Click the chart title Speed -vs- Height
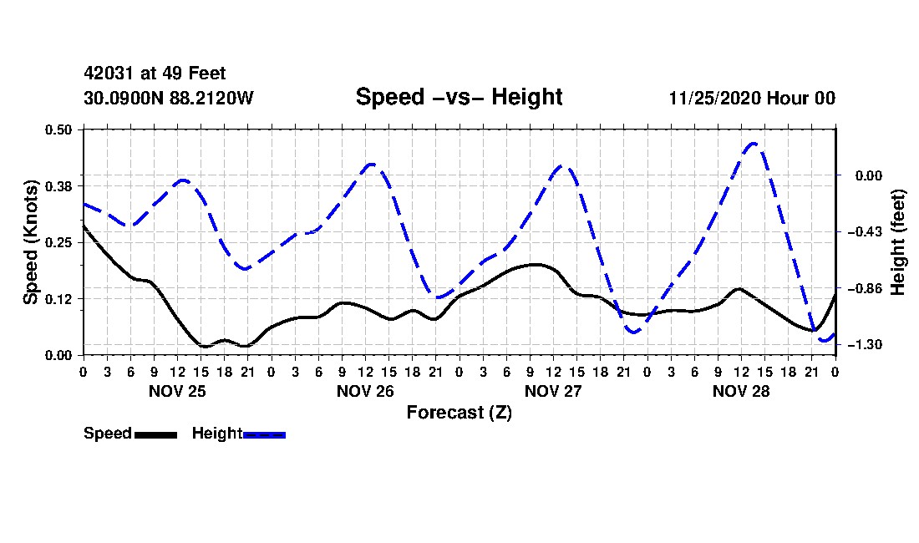tap(459, 97)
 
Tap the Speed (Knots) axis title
tap(30, 242)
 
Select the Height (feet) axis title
tap(897, 242)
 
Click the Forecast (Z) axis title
tap(459, 413)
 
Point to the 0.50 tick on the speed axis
tap(58, 129)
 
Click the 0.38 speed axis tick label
tap(58, 186)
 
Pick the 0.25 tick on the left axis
tap(58, 242)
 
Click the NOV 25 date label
tap(177, 391)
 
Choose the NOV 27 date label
tap(553, 391)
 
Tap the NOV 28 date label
tap(741, 391)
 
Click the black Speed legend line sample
tap(156, 434)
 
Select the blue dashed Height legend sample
tap(264, 434)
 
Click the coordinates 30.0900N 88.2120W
tap(169, 98)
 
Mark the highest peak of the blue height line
tap(754, 143)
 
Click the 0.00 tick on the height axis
tap(868, 175)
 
